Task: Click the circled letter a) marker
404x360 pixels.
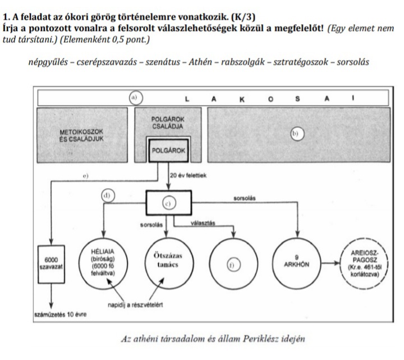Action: (134, 97)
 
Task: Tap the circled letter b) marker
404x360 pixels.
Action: (296, 134)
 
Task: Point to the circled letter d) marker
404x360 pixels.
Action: (106, 195)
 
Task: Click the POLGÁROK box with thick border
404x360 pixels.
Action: (167, 151)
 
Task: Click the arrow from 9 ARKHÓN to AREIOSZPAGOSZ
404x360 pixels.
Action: (328, 262)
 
